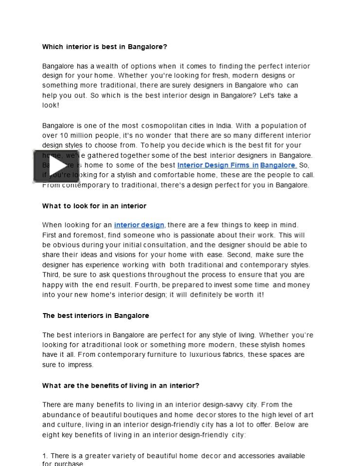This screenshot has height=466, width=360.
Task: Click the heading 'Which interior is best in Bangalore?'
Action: (104, 47)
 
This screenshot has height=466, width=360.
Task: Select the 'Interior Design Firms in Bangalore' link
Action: (237, 165)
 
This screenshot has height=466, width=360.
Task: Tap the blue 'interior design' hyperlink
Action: (139, 225)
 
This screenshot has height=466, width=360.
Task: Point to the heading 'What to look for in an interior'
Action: (94, 206)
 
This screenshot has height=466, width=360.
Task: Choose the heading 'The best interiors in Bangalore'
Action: (96, 316)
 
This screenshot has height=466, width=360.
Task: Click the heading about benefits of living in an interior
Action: (120, 385)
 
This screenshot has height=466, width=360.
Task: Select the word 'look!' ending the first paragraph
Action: (51, 105)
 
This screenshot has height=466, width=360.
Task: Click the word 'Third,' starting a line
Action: (51, 275)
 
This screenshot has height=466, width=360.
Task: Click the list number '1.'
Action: (45, 456)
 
